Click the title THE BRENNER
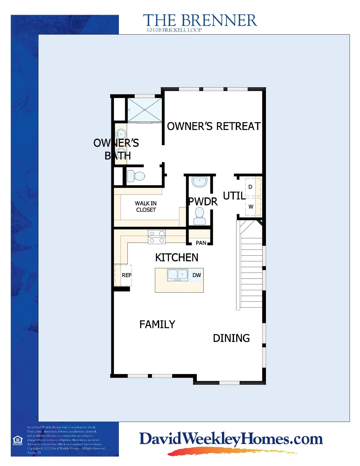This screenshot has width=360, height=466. click(200, 21)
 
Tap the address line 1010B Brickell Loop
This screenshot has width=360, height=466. click(174, 30)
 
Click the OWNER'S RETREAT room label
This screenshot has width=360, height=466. click(214, 126)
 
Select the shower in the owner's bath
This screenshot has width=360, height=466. click(145, 110)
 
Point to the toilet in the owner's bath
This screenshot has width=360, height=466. click(136, 176)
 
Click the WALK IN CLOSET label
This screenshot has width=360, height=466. click(146, 206)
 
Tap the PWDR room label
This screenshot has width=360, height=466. click(203, 202)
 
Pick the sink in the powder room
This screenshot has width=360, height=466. click(200, 181)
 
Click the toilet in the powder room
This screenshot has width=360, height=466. click(200, 216)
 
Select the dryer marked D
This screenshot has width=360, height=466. click(250, 187)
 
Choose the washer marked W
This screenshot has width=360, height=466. click(251, 207)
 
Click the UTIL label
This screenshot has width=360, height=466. click(234, 196)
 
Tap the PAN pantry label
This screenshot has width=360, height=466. click(201, 243)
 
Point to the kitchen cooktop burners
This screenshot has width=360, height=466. click(157, 237)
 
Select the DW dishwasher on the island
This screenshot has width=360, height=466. click(197, 275)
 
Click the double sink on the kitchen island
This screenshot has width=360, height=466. click(178, 275)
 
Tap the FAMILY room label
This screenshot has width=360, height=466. click(157, 324)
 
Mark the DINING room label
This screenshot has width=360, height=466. click(231, 338)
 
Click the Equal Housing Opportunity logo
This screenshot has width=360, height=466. click(18, 440)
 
